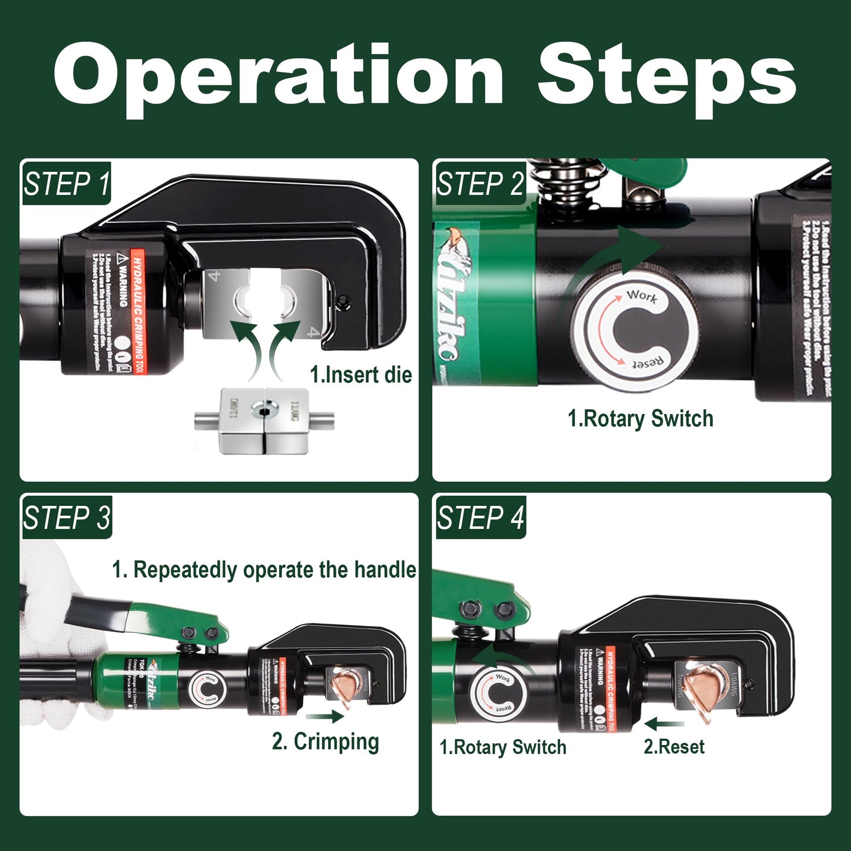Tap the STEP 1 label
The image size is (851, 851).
coord(66,184)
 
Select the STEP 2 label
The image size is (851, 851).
coord(480,184)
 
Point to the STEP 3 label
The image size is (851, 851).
coord(67,518)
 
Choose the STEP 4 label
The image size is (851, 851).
coord(480,518)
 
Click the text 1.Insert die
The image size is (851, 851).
coord(360,375)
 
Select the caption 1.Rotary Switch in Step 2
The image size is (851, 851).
coord(640,419)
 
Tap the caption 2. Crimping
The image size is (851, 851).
coord(325,741)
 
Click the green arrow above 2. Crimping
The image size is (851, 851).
coord(324,716)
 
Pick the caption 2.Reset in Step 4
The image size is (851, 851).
coord(674,747)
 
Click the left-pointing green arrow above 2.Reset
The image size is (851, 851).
coord(664,723)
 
